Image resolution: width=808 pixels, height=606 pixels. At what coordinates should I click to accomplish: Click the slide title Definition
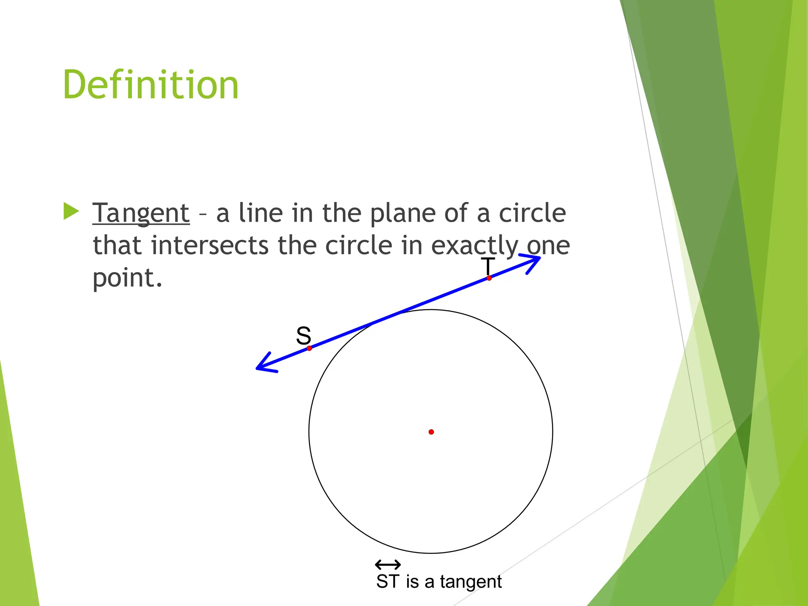151,84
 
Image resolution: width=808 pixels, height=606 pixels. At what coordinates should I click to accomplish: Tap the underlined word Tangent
141,213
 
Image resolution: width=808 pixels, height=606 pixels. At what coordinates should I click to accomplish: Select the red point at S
309,348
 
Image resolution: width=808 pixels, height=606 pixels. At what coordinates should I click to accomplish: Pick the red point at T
489,278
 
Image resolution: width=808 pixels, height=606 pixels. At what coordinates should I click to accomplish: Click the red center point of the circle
431,432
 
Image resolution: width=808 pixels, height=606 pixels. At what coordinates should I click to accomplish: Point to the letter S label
303,336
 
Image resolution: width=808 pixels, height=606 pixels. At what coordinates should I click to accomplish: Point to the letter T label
488,266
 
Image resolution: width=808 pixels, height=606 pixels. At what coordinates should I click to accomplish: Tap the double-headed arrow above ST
388,565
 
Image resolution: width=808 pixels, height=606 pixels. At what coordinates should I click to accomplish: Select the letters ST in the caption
388,582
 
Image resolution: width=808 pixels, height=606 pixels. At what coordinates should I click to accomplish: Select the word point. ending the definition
127,279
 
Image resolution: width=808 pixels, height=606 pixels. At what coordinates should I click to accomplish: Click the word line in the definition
261,213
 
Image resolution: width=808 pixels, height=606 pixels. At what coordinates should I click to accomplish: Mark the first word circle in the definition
532,213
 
